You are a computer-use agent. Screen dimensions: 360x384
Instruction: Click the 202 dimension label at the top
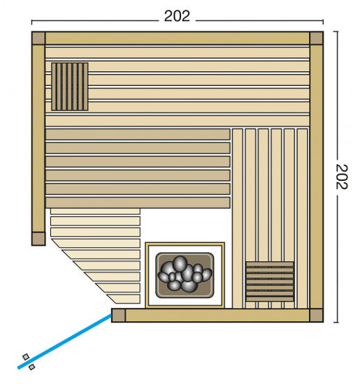(177, 16)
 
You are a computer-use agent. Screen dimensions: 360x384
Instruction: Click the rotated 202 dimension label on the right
(342, 177)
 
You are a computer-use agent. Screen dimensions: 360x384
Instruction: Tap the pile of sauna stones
(185, 274)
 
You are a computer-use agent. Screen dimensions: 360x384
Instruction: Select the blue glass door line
(64, 341)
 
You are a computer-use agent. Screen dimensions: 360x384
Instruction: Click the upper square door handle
(26, 357)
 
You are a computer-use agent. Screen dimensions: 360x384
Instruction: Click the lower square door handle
(32, 367)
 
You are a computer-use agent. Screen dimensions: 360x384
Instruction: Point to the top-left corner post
(38, 38)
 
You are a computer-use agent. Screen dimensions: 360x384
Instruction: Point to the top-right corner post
(317, 38)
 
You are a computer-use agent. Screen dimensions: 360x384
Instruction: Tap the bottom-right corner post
(317, 316)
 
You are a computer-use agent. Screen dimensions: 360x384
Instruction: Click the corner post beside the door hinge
(118, 316)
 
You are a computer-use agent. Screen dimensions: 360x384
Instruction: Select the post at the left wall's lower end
(38, 239)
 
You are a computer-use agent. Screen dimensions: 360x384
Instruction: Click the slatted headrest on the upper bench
(70, 87)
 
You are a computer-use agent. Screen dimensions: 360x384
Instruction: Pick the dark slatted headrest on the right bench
(270, 281)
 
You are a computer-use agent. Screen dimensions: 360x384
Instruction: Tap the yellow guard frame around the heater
(185, 244)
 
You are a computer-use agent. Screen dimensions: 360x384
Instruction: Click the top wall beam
(178, 38)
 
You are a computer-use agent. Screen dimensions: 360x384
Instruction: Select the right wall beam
(317, 177)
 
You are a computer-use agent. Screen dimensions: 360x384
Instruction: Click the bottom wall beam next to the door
(217, 316)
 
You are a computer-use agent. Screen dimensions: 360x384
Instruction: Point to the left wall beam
(38, 138)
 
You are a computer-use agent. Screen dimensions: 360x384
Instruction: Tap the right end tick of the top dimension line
(323, 22)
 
